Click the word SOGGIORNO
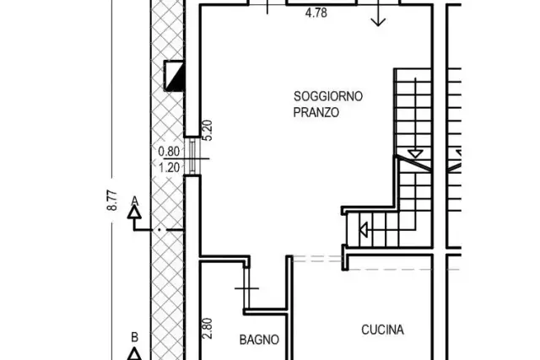pos(328,96)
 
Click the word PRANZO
pos(316,112)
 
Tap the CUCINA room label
pos(382,330)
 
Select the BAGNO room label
pos(259,340)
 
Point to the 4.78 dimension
pos(316,13)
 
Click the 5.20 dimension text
pos(208,130)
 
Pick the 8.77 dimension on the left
pos(112,201)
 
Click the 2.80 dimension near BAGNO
pos(207,328)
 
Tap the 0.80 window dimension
pos(169,152)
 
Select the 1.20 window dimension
pos(169,168)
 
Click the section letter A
pos(135,201)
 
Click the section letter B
pos(135,337)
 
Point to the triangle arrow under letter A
pos(134,212)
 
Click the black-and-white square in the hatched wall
pos(175,76)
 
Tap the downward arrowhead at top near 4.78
pos(378,22)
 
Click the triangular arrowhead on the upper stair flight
pos(415,153)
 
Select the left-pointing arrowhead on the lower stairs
pos(364,229)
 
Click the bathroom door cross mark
pos(246,288)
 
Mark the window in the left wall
pos(192,157)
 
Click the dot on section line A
pos(159,229)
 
